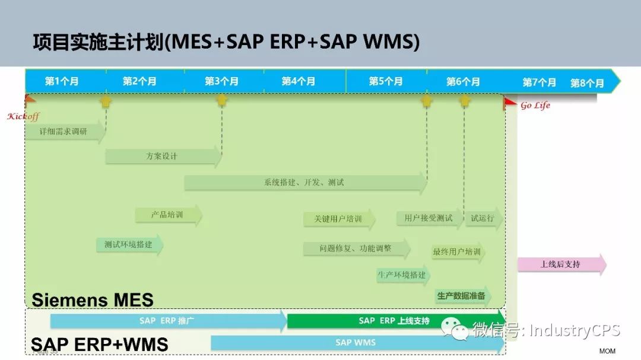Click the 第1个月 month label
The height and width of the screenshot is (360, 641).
[x=62, y=81]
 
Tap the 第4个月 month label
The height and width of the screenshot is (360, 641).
[x=298, y=81]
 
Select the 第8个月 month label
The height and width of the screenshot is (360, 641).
[x=587, y=83]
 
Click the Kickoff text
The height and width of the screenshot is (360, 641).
[x=23, y=116]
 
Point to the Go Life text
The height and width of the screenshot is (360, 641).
[x=535, y=106]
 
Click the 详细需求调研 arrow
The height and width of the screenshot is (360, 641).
[x=64, y=132]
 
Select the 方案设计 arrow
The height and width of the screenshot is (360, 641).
[x=162, y=157]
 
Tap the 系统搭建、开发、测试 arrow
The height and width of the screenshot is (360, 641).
[x=304, y=183]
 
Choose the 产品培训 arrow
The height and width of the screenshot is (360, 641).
[x=168, y=215]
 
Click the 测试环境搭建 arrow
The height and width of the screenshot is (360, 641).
[x=129, y=244]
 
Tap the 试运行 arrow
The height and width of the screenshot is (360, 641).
[x=483, y=218]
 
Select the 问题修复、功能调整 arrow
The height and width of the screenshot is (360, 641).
[x=356, y=249]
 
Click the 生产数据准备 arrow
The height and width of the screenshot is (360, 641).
[x=462, y=295]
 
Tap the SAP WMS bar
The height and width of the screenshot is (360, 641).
[x=356, y=342]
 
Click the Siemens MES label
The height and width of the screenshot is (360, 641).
[x=93, y=300]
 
